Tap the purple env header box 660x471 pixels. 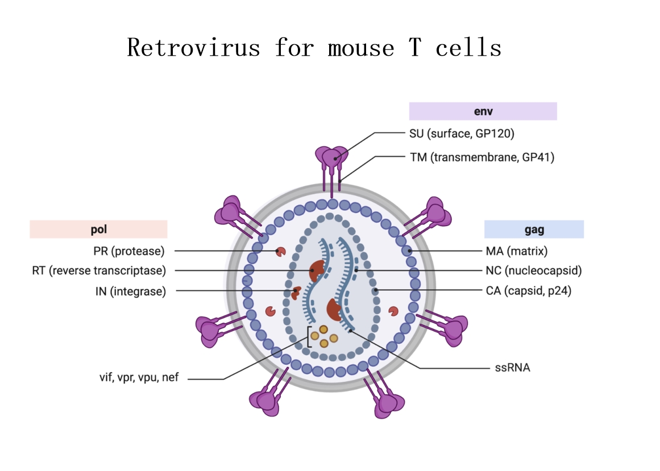483,111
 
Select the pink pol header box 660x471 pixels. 98,230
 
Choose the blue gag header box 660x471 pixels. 534,230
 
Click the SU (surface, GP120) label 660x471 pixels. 462,134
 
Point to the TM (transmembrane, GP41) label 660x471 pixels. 481,157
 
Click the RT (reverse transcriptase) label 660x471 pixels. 99,271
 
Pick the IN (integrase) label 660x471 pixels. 131,292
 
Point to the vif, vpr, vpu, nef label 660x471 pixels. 139,377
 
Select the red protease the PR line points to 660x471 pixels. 280,251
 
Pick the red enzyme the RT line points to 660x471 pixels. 317,271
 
